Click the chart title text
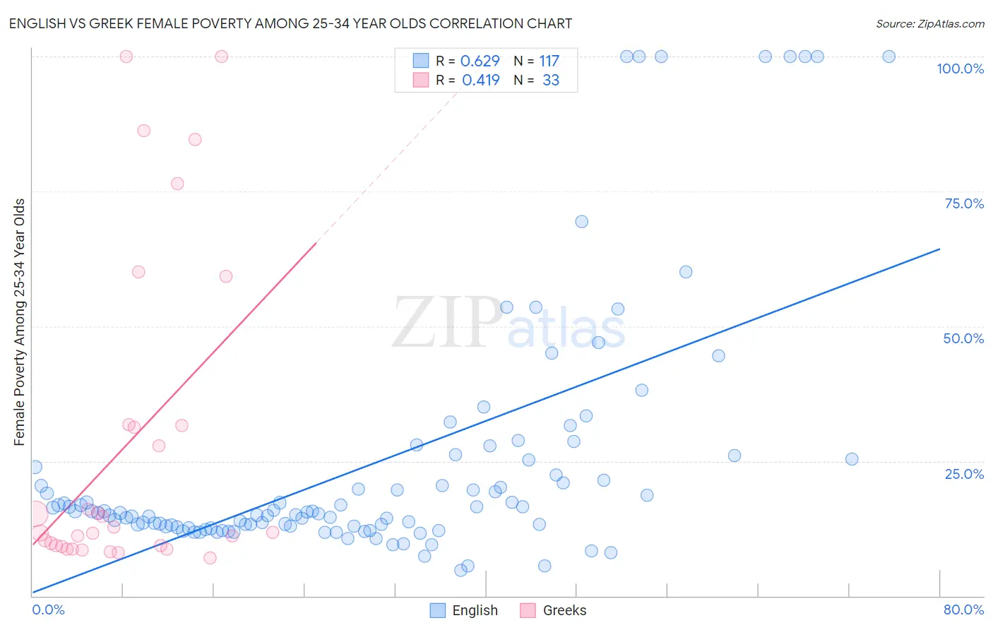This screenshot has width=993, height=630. tap(290, 23)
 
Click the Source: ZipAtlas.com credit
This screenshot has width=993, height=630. tap(929, 23)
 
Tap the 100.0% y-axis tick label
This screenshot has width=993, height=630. tap(960, 69)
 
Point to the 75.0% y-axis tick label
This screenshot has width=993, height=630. tap(964, 203)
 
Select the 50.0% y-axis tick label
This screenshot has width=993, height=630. tap(963, 338)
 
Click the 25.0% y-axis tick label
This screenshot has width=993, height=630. tap(964, 473)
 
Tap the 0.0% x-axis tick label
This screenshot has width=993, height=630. tap(48, 610)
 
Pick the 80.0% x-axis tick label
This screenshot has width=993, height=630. tap(963, 610)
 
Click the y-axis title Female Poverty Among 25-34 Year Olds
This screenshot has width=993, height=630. tap(20, 322)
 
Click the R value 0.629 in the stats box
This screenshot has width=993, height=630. tap(480, 61)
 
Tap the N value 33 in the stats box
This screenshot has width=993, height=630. tap(551, 81)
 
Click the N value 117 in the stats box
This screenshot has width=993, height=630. tap(549, 61)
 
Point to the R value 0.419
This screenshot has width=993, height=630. tap(480, 81)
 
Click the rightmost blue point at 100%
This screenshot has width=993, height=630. tap(889, 57)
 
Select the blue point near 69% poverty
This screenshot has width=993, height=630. tap(582, 222)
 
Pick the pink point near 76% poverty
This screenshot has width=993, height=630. tap(177, 184)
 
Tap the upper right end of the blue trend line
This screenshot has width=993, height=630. tap(939, 249)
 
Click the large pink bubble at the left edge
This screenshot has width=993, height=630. tap(33, 514)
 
